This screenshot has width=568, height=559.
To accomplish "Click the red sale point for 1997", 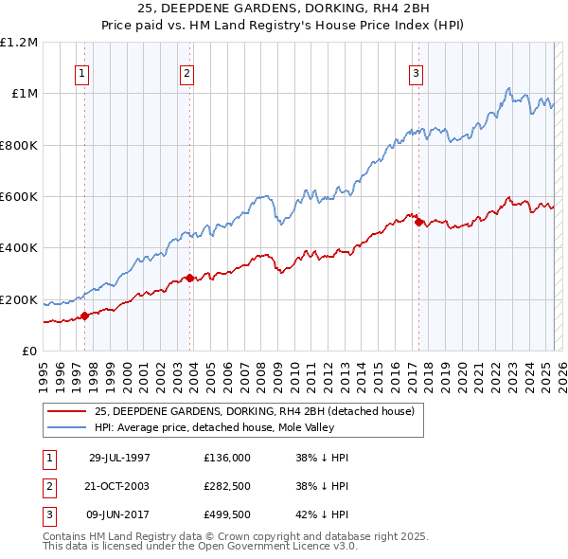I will (x=85, y=316).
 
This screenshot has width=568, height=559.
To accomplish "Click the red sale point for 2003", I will (x=189, y=278).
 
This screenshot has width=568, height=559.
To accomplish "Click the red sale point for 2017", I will (x=418, y=223).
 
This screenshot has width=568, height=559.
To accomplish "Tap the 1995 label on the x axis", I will (x=43, y=370).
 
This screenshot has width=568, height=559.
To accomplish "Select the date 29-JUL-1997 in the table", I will (x=119, y=458).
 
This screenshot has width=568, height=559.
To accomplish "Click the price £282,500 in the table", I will (x=227, y=484).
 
